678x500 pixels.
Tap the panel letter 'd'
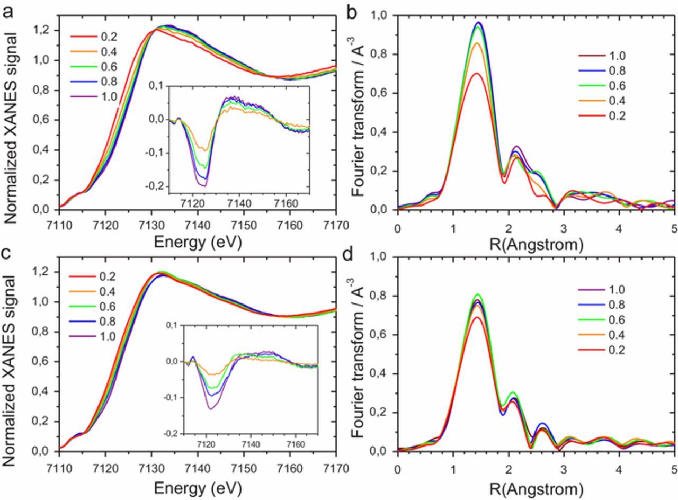347,255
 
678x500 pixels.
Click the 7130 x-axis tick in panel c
152,469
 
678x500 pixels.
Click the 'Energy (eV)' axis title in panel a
198,242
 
